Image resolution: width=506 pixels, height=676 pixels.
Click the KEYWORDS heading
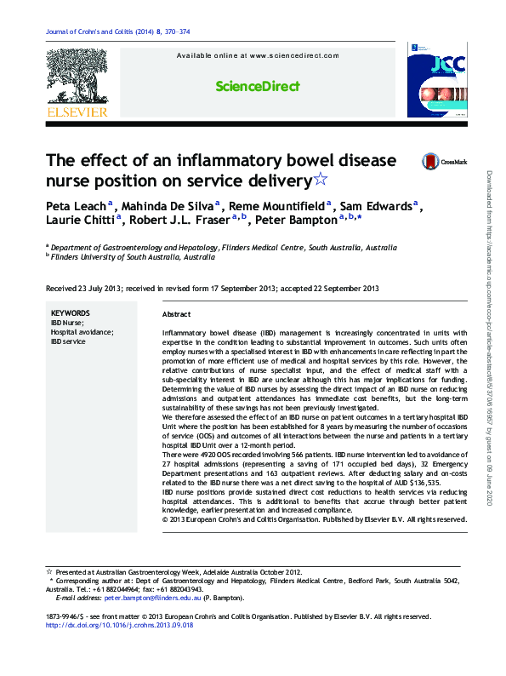(x=71, y=312)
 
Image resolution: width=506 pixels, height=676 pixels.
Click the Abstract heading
(x=175, y=314)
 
